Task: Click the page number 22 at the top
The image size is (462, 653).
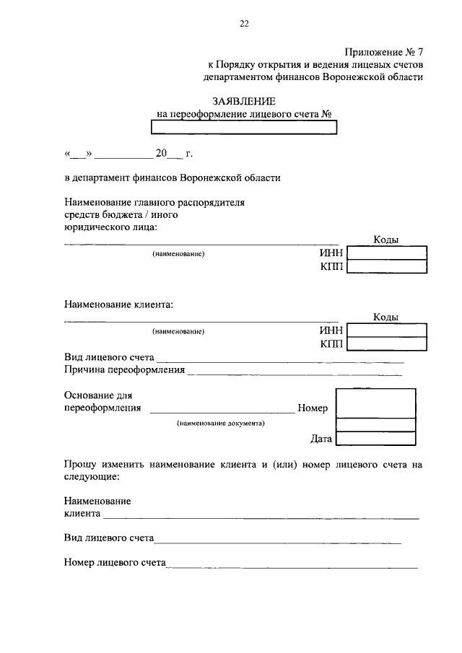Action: click(x=244, y=24)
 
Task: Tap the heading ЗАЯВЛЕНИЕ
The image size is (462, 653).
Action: click(x=244, y=101)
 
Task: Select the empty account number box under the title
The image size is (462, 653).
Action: click(x=244, y=128)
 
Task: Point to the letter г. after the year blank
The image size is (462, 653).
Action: click(x=189, y=153)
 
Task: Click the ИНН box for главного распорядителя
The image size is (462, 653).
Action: click(x=386, y=253)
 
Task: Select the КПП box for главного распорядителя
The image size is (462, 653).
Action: click(x=386, y=267)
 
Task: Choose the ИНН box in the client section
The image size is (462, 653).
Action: click(x=386, y=330)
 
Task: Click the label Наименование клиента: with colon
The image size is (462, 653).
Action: click(x=119, y=304)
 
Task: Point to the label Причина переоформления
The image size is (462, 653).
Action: click(x=124, y=370)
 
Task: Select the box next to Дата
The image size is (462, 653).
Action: click(x=376, y=438)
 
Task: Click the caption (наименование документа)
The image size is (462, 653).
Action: click(x=221, y=424)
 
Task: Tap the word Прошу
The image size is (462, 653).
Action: click(x=79, y=465)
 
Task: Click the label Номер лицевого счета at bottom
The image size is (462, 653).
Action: click(x=115, y=562)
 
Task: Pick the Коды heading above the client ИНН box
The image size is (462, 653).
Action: click(x=386, y=317)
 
